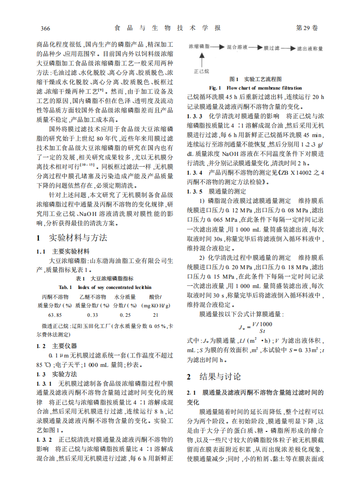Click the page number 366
(x=45, y=28)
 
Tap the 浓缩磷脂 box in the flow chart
(x=201, y=47)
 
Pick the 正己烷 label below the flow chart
(x=201, y=70)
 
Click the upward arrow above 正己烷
(x=201, y=59)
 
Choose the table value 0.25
(x=125, y=315)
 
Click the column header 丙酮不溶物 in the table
(x=55, y=297)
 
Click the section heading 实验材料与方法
(x=78, y=237)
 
